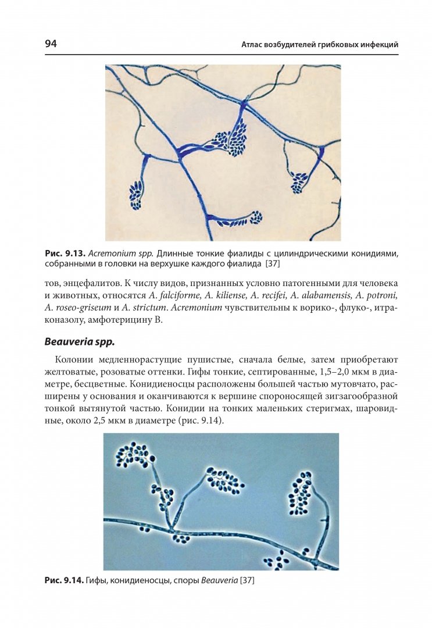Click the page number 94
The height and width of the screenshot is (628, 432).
51,44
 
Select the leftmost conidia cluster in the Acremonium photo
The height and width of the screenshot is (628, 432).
136,195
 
